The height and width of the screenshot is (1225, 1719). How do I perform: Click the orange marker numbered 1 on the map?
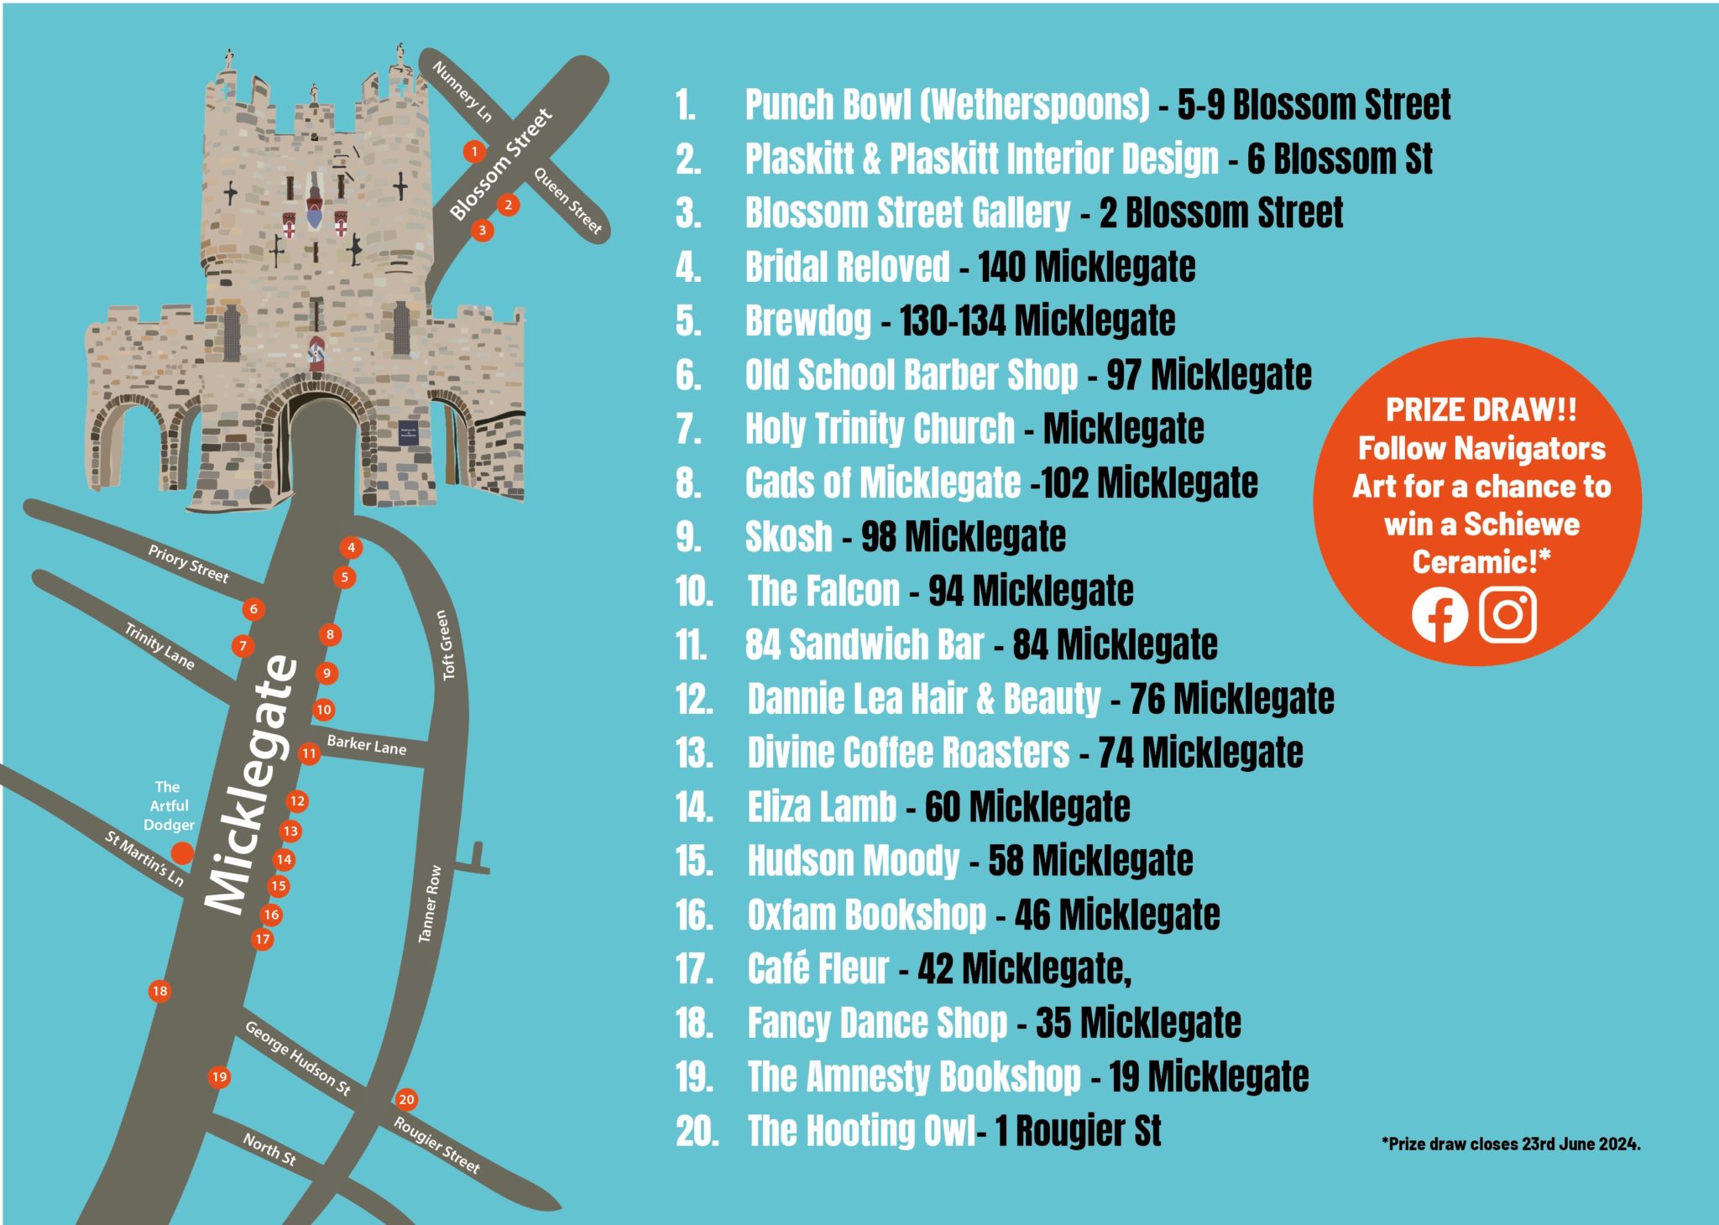tap(474, 152)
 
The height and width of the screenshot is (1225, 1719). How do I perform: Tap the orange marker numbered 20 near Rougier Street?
tap(406, 1099)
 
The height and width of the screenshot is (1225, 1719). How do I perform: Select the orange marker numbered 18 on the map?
tap(159, 991)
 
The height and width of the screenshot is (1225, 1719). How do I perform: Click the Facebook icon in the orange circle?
tap(1439, 615)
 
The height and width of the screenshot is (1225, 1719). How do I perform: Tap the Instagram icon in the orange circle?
tap(1507, 615)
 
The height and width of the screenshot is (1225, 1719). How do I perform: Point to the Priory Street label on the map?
tap(188, 564)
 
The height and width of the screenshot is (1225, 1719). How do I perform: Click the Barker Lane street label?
tap(367, 745)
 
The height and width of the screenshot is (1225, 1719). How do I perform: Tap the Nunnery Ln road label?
tap(462, 91)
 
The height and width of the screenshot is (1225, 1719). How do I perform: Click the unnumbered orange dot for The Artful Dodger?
tap(182, 853)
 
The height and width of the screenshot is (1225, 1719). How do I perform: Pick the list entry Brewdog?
tap(808, 321)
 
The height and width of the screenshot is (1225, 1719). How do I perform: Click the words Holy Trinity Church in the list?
tap(880, 429)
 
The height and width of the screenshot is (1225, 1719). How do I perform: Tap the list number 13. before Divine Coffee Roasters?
tap(694, 753)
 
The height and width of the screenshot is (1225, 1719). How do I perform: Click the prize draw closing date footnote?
tap(1510, 1144)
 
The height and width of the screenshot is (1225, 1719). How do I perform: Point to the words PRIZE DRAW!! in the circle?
tap(1481, 410)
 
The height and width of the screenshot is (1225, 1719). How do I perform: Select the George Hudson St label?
tap(298, 1058)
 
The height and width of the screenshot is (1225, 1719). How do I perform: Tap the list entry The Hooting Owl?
tap(861, 1131)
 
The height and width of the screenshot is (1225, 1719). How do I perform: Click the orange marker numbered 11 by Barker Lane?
tap(309, 753)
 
